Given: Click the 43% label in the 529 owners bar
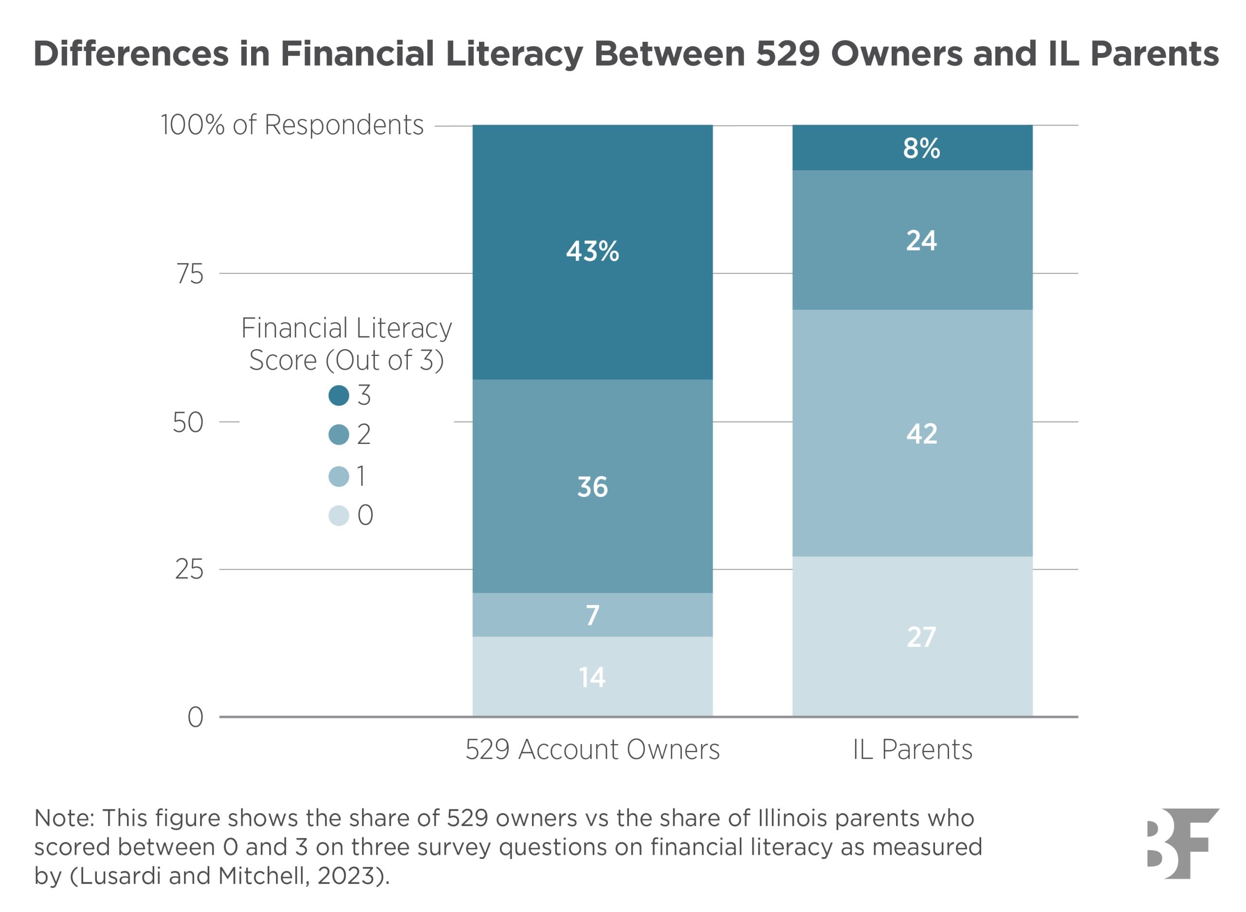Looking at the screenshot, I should click(x=592, y=251).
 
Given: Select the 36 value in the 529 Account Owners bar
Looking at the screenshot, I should click(x=592, y=487).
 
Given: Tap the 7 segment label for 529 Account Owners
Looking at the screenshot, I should click(x=592, y=615).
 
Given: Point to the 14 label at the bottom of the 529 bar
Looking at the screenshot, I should click(x=592, y=677).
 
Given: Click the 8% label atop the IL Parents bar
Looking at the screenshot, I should click(x=921, y=148).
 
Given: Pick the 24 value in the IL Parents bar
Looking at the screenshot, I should click(x=921, y=241).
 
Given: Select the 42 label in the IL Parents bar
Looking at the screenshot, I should click(x=921, y=434).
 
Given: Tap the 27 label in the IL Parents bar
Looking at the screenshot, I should click(x=921, y=637).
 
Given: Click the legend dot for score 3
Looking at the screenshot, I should click(x=338, y=395).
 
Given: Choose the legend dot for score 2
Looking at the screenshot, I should click(x=338, y=435).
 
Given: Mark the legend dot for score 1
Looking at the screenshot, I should click(x=338, y=476).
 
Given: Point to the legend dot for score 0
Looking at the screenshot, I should click(x=338, y=516).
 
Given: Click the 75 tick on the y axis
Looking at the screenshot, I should click(x=190, y=274).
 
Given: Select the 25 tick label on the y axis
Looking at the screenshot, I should click(x=189, y=569).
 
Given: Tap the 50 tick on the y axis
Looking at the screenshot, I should click(x=188, y=422).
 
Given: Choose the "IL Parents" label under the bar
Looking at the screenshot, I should click(x=912, y=749).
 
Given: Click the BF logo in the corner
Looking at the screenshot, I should click(x=1181, y=843).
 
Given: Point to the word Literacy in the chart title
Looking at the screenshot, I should click(x=514, y=54).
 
